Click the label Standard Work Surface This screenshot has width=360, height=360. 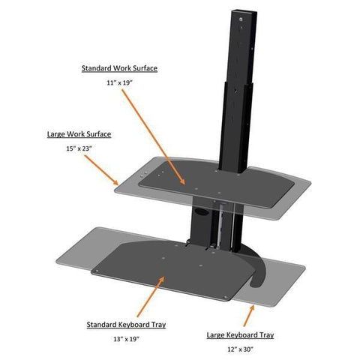119,68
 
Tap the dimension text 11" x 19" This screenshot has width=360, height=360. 119,83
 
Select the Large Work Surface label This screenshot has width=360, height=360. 79,134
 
